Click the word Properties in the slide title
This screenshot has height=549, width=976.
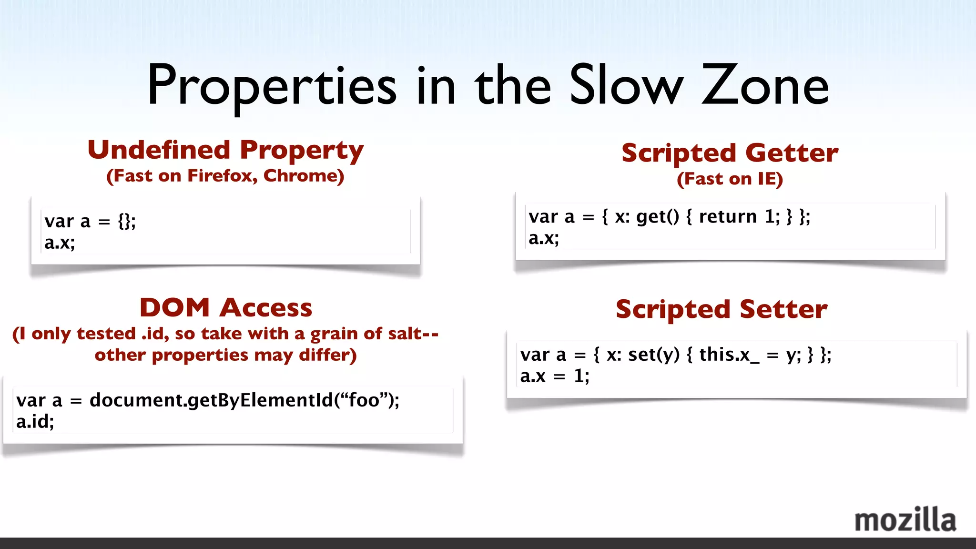(x=272, y=86)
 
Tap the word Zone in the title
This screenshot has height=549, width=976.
(x=765, y=86)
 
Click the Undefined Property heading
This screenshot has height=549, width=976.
(x=225, y=150)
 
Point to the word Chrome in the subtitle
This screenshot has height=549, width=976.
(x=304, y=176)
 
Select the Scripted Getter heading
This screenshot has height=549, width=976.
(x=730, y=153)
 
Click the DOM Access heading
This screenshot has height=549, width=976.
(x=226, y=307)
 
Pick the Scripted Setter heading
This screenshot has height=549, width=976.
(x=722, y=309)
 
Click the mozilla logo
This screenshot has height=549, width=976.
(x=905, y=520)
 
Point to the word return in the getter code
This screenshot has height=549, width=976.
(x=727, y=217)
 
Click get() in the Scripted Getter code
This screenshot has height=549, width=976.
(x=657, y=217)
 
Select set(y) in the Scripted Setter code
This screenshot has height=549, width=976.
(x=653, y=355)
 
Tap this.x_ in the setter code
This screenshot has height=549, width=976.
(x=729, y=355)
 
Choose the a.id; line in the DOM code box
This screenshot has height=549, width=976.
(x=35, y=422)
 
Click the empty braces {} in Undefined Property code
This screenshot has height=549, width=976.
(x=126, y=222)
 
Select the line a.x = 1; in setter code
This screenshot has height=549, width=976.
(x=555, y=376)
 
